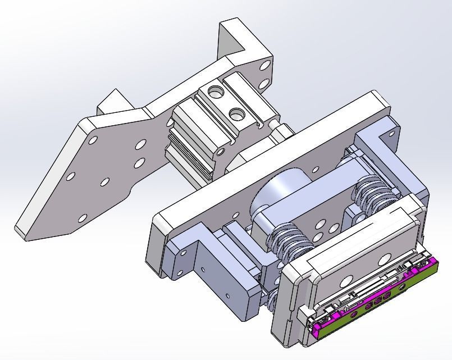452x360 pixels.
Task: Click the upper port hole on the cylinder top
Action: click(x=215, y=90)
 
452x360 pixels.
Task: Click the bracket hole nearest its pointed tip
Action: click(x=83, y=218)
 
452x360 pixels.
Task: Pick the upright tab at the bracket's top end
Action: click(x=236, y=37)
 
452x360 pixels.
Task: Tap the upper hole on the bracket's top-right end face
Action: click(x=264, y=66)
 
